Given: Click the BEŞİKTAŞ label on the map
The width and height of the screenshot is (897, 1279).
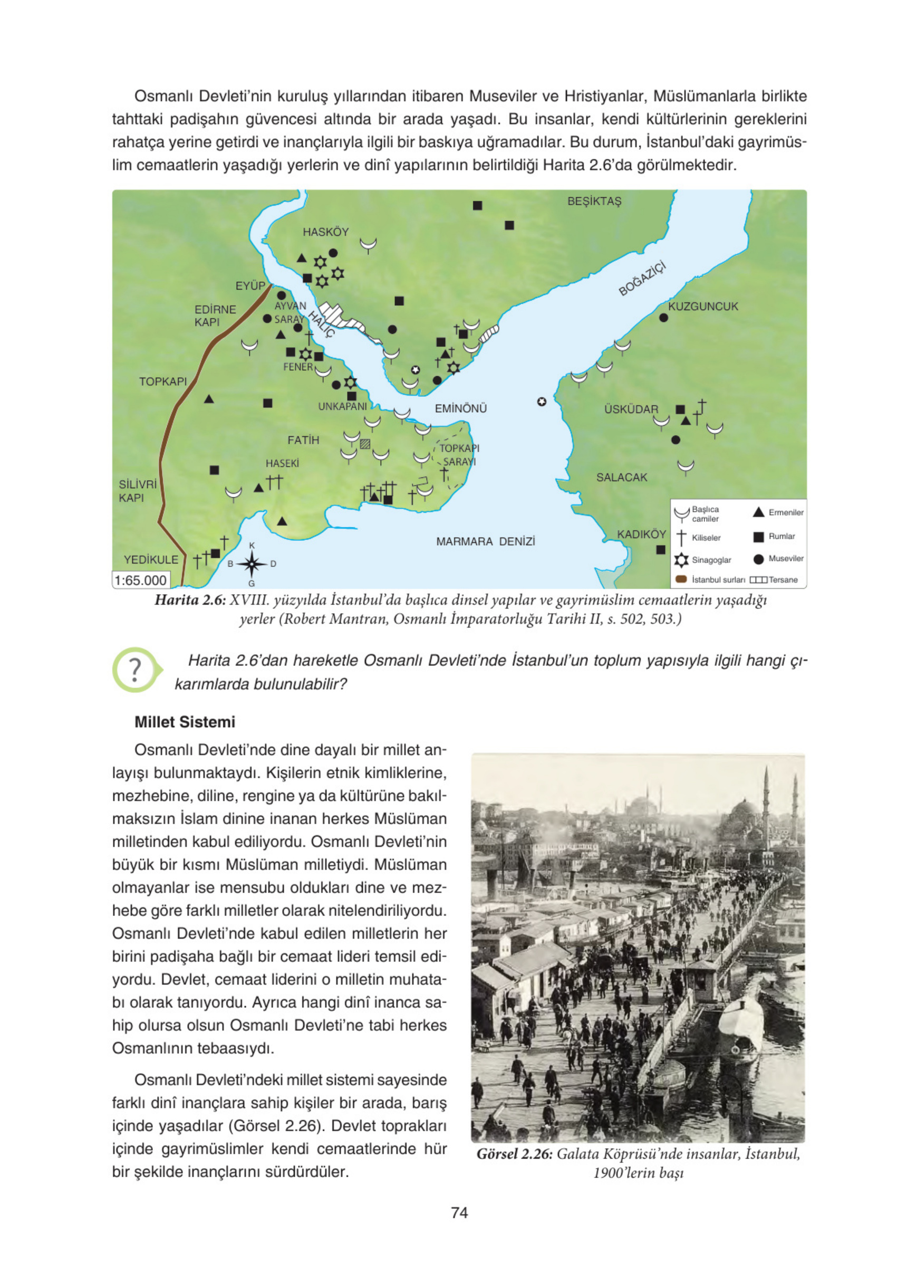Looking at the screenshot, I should tap(594, 201).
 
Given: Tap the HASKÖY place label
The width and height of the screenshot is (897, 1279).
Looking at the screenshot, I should tap(325, 232).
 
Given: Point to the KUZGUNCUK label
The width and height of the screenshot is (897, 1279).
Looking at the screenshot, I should tap(703, 306).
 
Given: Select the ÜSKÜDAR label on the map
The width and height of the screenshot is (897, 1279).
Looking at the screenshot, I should tap(631, 409).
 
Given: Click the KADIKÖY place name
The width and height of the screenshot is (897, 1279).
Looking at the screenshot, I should tap(641, 533).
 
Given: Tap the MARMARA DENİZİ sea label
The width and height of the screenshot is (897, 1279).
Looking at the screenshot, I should tap(485, 541).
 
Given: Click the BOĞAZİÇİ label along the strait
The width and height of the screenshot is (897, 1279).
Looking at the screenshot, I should tap(641, 278).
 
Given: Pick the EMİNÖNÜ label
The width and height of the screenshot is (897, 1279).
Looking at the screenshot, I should tap(460, 408).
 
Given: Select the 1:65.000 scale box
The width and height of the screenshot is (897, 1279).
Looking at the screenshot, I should tap(140, 580).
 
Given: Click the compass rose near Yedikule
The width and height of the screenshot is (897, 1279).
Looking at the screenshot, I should tap(252, 564).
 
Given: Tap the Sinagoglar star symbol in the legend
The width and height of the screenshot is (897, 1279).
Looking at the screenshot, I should tap(681, 559).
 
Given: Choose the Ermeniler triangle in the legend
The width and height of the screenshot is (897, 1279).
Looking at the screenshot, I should tap(758, 512).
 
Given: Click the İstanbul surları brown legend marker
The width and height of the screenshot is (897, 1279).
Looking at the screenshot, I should tap(681, 579).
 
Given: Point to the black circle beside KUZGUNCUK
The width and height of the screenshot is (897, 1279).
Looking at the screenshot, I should tap(663, 318).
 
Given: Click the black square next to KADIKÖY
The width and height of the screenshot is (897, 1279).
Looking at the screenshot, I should tap(660, 549).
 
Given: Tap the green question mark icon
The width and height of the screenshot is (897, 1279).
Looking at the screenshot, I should tap(136, 670).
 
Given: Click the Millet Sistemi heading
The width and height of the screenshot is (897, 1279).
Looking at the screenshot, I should tap(185, 722).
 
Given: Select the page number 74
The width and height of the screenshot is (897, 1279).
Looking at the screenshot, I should tap(459, 1212).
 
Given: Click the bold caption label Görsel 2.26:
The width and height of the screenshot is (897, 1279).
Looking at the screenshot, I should tap(514, 1153).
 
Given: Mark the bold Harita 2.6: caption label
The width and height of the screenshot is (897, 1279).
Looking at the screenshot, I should tap(189, 600).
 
